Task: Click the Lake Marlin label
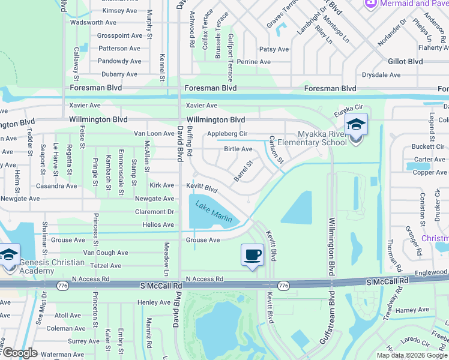214,211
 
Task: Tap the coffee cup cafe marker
253,254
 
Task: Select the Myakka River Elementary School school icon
356,125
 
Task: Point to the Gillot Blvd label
405,61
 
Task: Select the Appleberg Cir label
227,134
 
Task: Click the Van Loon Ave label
154,134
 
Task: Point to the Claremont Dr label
154,212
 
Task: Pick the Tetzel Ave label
106,266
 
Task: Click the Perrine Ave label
253,62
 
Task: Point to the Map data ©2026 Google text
411,355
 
